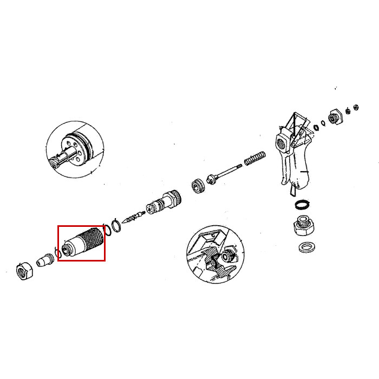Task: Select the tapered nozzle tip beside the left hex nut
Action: click(43, 262)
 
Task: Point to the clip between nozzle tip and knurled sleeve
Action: click(57, 253)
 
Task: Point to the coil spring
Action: click(254, 158)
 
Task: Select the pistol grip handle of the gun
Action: click(303, 168)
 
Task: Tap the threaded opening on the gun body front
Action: click(283, 145)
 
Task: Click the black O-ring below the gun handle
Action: click(302, 206)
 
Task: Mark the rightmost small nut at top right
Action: click(356, 107)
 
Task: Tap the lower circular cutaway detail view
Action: click(215, 253)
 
